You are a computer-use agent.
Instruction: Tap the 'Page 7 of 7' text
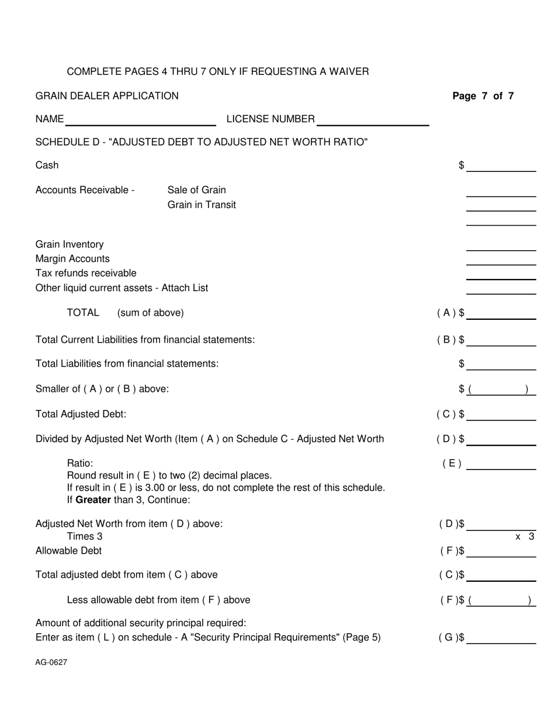tap(483, 96)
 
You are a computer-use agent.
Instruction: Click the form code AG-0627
tap(51, 662)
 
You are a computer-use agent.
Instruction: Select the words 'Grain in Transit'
tap(202, 205)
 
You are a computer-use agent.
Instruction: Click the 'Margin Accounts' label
tap(72, 258)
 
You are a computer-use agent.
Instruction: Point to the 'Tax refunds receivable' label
tap(86, 273)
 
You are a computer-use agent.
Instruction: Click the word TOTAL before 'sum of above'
tap(83, 313)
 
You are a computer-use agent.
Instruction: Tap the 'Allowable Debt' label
tap(68, 551)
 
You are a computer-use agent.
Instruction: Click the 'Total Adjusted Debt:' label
tap(81, 414)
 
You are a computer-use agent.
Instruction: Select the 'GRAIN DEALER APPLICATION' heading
tap(107, 96)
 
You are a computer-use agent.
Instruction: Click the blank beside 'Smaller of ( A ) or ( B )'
tap(501, 389)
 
